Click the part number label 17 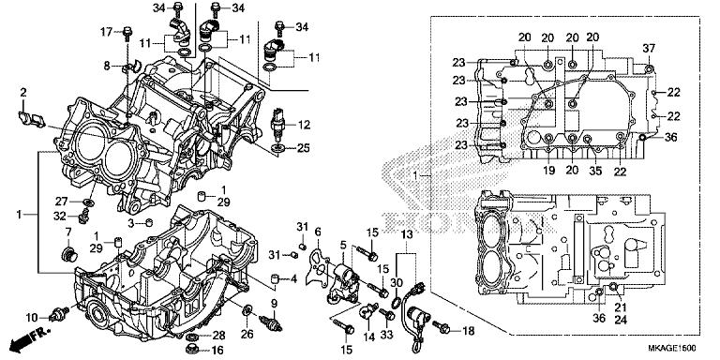tap(106, 32)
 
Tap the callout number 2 tap(23, 92)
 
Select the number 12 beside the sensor tap(304, 125)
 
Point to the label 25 tap(303, 148)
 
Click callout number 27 tap(61, 201)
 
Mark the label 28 tap(217, 335)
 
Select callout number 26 tap(247, 335)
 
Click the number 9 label tap(276, 304)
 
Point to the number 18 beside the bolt tap(469, 331)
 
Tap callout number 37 tap(649, 48)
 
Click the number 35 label tap(595, 171)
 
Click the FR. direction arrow tap(28, 337)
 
